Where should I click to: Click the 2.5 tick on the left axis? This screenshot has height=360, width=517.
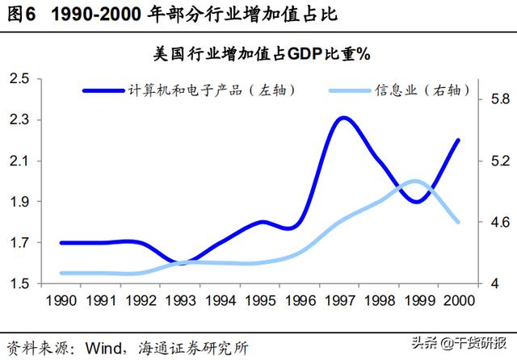(x=19, y=78)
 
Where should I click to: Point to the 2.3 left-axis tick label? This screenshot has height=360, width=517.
(x=19, y=119)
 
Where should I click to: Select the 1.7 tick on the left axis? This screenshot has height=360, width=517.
(x=19, y=243)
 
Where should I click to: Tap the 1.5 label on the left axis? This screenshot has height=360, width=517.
(x=19, y=284)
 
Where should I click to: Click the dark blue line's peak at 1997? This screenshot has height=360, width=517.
(x=343, y=118)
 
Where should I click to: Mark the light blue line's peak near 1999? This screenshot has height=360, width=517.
(x=414, y=181)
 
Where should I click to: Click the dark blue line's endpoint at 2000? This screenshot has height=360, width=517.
(x=459, y=140)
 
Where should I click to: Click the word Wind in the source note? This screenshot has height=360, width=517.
(x=99, y=348)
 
